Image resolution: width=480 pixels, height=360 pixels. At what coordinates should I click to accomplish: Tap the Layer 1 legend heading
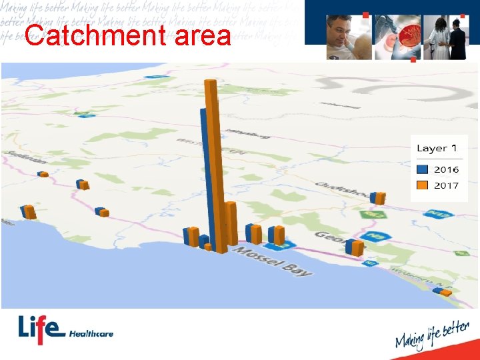pos(437,149)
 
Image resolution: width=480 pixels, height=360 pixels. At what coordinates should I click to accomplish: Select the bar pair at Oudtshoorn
pos(377,198)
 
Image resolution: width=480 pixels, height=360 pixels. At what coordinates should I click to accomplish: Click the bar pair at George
pos(354,247)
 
